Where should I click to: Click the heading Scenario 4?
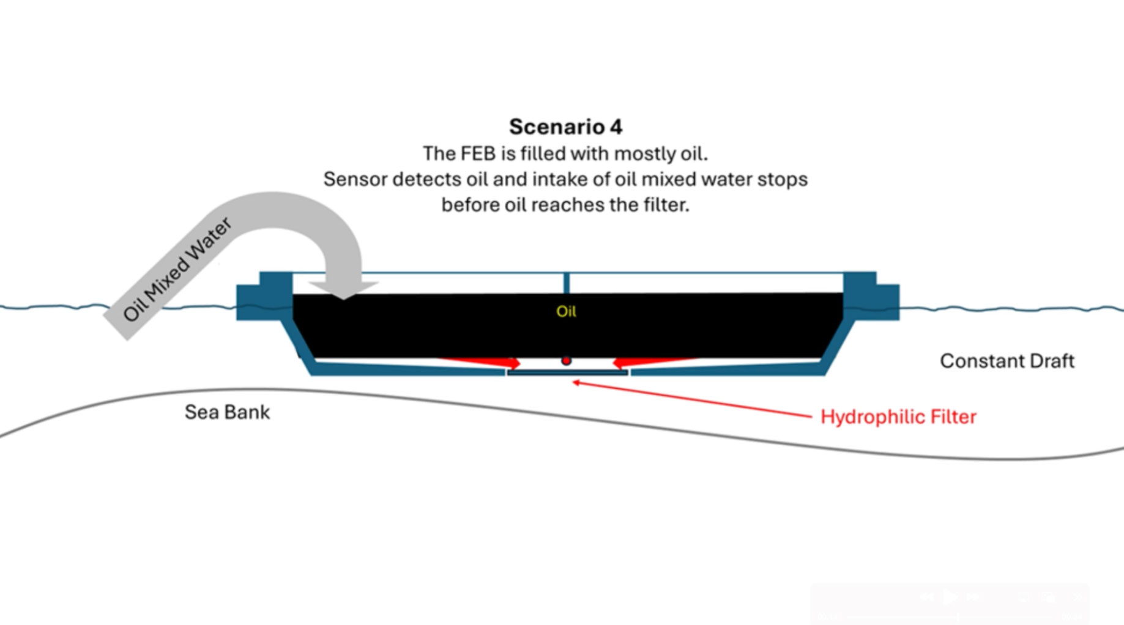click(x=565, y=127)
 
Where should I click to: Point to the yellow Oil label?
click(x=566, y=311)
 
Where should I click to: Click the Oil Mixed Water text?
click(x=177, y=269)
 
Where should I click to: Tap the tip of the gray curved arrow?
click(x=343, y=299)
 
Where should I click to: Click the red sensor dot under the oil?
click(x=567, y=361)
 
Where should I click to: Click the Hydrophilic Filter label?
click(x=898, y=417)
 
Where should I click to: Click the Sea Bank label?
click(x=227, y=412)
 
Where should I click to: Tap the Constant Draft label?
click(x=1007, y=361)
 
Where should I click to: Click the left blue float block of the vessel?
click(x=264, y=297)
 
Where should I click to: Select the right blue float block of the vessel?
click(x=871, y=297)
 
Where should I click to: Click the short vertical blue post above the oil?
click(x=567, y=283)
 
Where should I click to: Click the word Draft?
click(x=1052, y=361)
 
